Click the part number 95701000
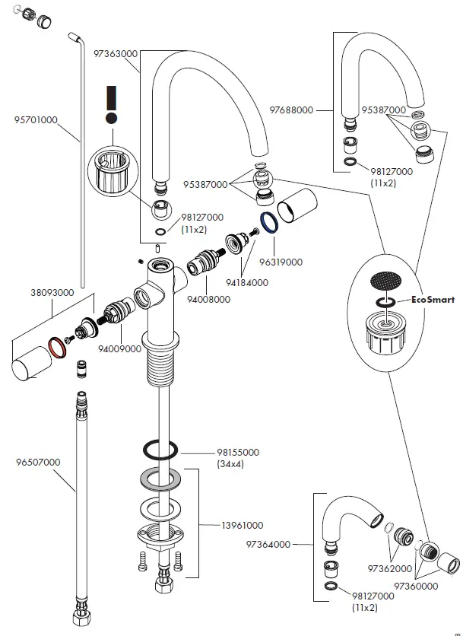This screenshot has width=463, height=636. (36, 119)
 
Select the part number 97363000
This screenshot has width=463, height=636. (116, 54)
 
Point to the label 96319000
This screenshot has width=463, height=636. (281, 262)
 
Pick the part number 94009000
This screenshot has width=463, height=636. (119, 348)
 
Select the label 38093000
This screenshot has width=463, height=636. (52, 291)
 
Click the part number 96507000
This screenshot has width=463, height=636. (38, 462)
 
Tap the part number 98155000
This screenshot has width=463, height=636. (238, 452)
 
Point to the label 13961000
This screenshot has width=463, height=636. (242, 525)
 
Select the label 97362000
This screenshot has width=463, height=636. (391, 568)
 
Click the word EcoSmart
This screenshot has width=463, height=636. (432, 300)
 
